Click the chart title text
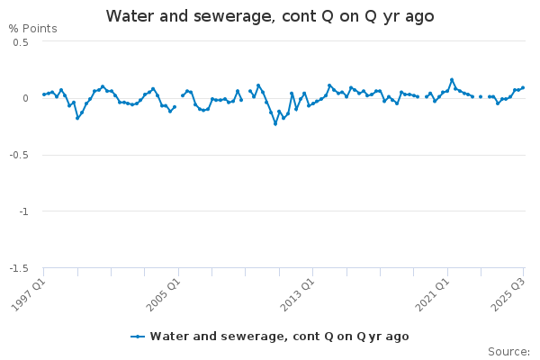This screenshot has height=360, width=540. click(270, 16)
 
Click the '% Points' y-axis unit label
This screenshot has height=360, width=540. click(32, 29)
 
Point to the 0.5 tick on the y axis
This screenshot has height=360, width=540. click(21, 42)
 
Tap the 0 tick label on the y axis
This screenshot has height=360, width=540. click(25, 98)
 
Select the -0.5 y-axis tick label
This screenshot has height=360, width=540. click(19, 155)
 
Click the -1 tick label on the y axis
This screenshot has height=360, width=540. click(23, 211)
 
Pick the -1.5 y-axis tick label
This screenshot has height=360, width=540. click(19, 268)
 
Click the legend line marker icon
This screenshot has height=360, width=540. click(138, 337)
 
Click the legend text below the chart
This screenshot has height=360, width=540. click(279, 337)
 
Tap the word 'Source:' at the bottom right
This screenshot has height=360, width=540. click(508, 352)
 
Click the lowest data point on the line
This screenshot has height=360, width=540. click(275, 123)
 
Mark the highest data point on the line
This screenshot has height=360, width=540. click(452, 79)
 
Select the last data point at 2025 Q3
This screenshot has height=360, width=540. click(523, 87)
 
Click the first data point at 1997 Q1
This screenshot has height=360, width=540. click(44, 94)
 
